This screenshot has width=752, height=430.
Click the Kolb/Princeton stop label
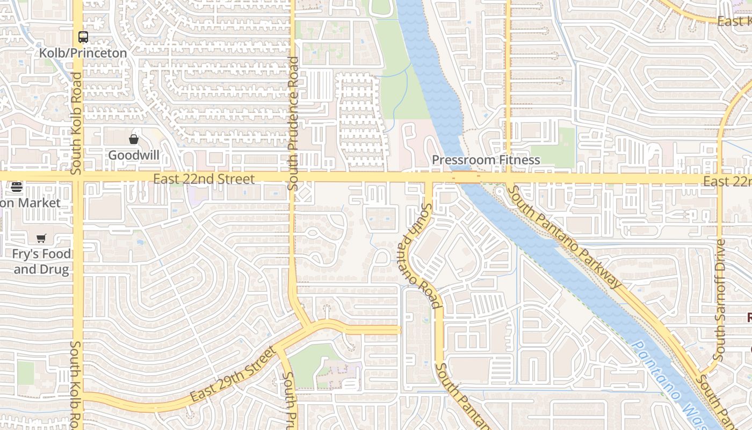(83, 53)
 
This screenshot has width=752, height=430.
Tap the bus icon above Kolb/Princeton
(83, 37)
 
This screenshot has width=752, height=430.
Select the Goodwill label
(134, 155)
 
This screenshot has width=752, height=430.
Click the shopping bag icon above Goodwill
(134, 140)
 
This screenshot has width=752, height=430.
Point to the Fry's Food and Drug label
(42, 261)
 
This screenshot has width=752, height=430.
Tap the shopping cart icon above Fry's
(41, 238)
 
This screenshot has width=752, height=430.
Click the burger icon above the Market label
(17, 188)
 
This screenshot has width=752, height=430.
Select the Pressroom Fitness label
(486, 160)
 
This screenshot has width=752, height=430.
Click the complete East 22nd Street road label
(204, 178)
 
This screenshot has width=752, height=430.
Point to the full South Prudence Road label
(293, 124)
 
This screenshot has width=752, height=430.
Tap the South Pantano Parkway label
(564, 236)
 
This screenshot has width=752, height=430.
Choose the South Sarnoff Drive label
(720, 300)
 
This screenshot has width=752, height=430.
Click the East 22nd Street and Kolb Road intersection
(78, 177)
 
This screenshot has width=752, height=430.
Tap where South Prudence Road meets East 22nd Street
(293, 177)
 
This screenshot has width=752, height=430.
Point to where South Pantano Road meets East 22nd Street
(429, 178)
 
